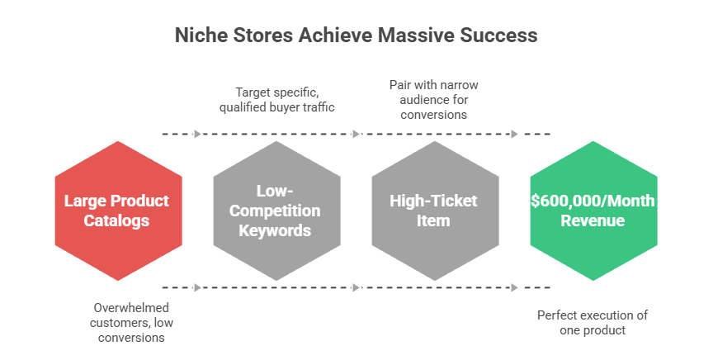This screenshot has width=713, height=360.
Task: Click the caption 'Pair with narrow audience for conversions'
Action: pyautogui.click(x=434, y=100)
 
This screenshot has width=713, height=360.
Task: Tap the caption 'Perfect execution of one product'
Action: pyautogui.click(x=592, y=322)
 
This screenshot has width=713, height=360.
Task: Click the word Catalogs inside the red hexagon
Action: pyautogui.click(x=118, y=220)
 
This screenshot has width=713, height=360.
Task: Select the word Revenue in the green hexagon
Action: pyautogui.click(x=593, y=220)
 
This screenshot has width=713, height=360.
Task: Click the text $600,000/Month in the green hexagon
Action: pyautogui.click(x=593, y=201)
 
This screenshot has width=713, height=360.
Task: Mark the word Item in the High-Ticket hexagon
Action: pyautogui.click(x=435, y=220)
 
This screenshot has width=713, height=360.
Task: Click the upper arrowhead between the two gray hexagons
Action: pyautogui.click(x=356, y=134)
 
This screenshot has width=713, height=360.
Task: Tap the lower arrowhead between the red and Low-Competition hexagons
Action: pyautogui.click(x=197, y=287)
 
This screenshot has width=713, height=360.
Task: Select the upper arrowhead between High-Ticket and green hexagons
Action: pyautogui.click(x=514, y=134)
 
